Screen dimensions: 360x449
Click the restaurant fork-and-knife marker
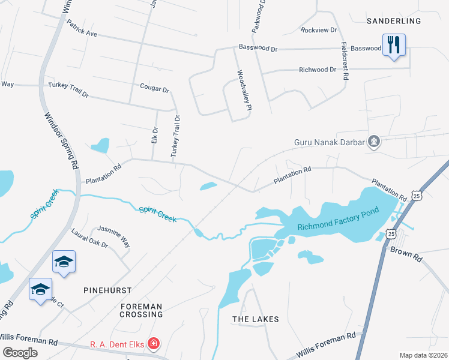[394, 46]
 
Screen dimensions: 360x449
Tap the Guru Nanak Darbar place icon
[375, 142]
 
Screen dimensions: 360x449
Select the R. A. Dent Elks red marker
[154, 344]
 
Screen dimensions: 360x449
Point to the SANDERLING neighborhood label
[394, 21]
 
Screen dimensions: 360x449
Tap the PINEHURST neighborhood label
[108, 290]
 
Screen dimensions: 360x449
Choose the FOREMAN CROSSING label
[141, 310]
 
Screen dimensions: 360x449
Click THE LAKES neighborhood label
[256, 319]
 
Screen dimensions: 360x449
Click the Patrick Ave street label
[82, 29]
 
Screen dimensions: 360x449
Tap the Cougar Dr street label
[155, 89]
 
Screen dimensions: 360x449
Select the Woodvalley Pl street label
[242, 89]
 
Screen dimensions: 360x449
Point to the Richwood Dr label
[318, 70]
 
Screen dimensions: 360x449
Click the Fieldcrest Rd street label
[345, 61]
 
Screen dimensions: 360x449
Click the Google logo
[20, 353]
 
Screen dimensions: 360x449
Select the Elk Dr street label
[154, 134]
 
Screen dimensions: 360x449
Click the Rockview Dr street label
[320, 29]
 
